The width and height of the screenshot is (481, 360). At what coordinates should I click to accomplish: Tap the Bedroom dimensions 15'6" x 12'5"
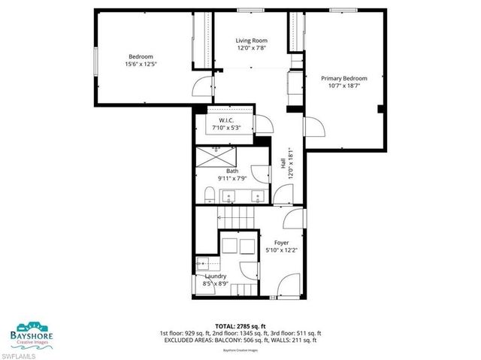[141, 65]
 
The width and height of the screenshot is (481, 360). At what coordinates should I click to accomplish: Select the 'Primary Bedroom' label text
[343, 78]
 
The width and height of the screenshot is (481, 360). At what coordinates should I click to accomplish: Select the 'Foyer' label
[282, 242]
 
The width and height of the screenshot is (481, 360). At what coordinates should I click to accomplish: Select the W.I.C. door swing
[263, 125]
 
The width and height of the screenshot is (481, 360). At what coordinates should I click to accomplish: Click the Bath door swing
[261, 173]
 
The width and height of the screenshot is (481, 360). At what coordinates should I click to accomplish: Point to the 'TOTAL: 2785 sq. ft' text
[240, 324]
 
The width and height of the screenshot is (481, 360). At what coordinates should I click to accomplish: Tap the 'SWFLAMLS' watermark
[18, 354]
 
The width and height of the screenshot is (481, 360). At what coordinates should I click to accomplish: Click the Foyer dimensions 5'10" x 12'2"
[282, 250]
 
